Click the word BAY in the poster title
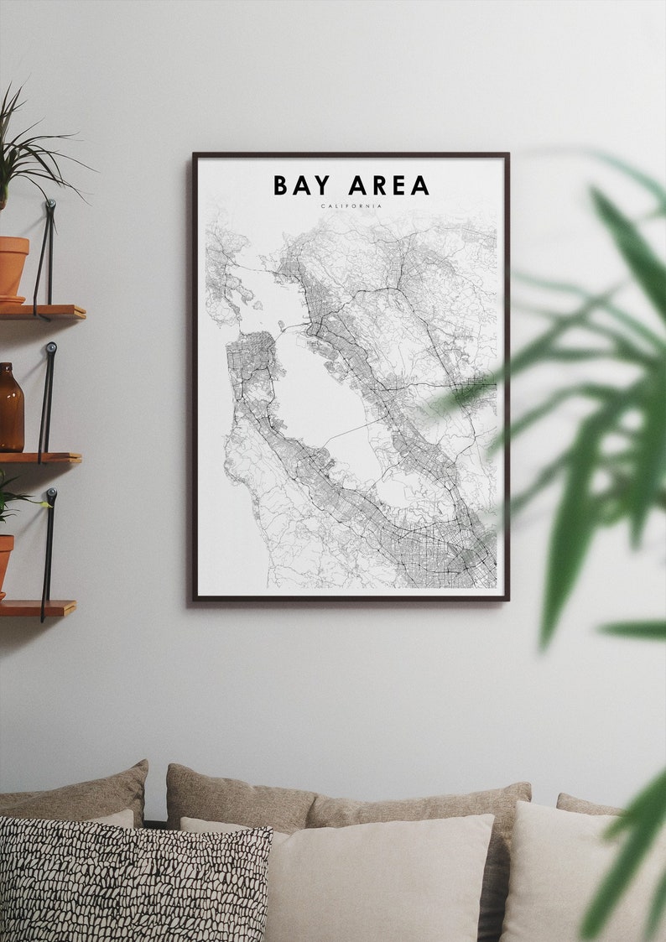pos(302,185)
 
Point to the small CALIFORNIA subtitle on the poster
pos(351,206)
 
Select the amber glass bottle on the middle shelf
pos(11,408)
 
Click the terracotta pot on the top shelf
pos(13,267)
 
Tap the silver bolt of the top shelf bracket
pos(50,204)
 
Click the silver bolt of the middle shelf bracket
pos(52,346)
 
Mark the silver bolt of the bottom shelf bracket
pos(51,492)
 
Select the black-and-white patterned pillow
pos(134,881)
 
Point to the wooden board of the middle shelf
pos(42,458)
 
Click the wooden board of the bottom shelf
pos(38,607)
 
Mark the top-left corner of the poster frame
pos(194,154)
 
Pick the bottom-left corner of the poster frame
pos(194,599)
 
